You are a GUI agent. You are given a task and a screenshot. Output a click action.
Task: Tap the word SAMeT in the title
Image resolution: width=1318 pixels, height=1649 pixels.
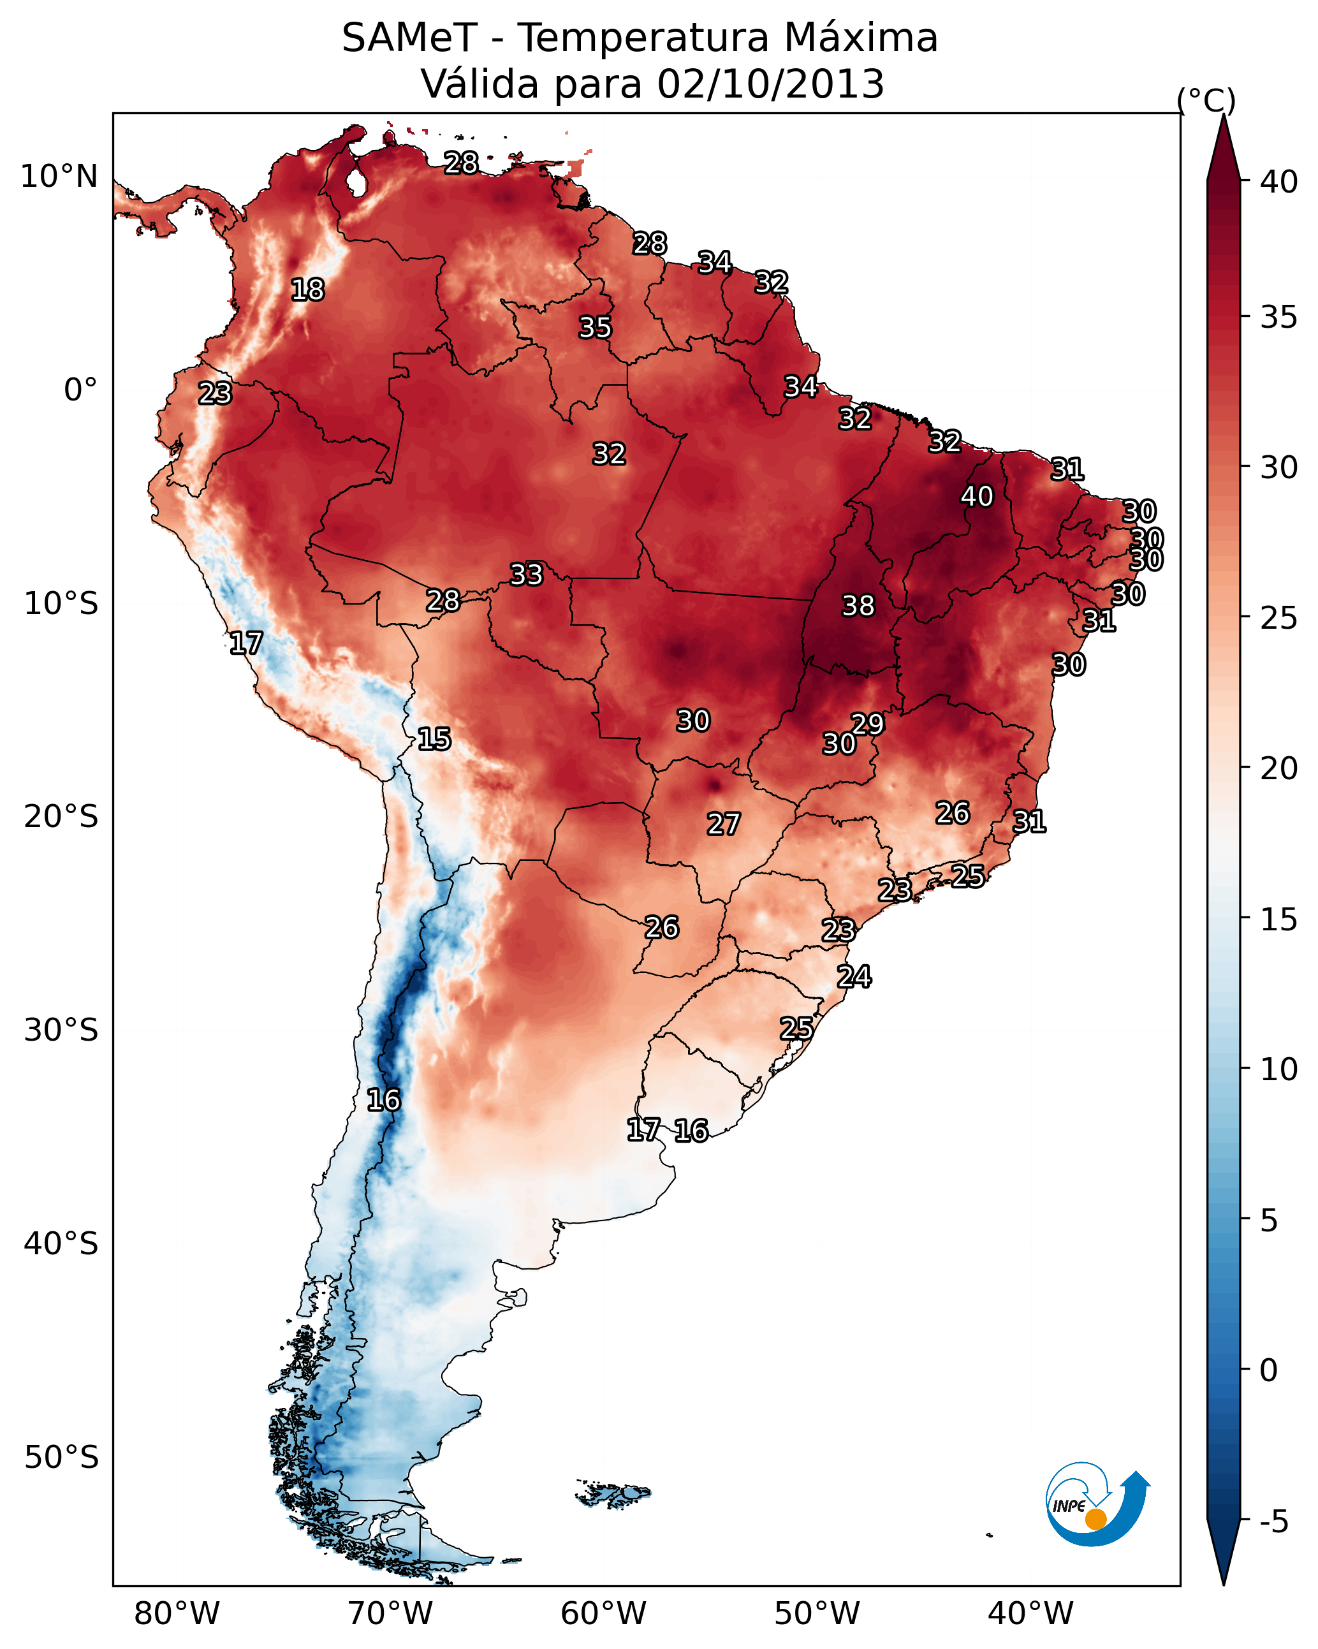409,38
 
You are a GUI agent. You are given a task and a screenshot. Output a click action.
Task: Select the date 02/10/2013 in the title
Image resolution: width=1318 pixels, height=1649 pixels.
770,84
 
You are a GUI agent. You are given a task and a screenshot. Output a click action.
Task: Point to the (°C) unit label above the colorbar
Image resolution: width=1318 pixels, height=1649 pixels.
1206,100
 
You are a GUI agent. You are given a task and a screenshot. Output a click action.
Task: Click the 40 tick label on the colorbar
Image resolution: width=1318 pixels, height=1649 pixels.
1278,182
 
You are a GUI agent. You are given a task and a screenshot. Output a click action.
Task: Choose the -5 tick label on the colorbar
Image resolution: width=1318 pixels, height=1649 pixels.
1273,1522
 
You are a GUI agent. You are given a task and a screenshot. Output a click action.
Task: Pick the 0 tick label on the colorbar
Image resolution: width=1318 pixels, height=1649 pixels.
1268,1370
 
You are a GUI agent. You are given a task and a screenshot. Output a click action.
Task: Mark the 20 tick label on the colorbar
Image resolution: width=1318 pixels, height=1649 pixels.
1278,768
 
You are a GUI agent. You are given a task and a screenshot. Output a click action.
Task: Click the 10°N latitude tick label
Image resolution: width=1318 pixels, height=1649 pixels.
59,177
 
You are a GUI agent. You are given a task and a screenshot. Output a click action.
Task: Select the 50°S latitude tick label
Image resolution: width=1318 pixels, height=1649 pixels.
61,1457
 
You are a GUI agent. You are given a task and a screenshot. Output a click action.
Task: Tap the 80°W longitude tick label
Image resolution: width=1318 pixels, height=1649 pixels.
177,1614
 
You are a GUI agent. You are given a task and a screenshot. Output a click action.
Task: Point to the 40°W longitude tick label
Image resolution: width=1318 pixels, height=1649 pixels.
1030,1614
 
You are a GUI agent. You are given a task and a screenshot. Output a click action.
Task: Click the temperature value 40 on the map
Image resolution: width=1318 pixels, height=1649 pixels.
977,496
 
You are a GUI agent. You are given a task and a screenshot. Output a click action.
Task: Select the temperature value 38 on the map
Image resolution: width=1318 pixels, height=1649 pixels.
858,606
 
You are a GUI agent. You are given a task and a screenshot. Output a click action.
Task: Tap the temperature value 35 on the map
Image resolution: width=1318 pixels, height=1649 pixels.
594,327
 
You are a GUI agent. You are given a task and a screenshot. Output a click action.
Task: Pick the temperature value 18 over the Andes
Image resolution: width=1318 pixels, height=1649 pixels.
307,290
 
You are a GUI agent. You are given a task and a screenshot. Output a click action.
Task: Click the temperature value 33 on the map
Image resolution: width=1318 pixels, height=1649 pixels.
526,575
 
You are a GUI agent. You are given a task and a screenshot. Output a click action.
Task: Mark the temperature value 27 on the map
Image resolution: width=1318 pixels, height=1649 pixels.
723,824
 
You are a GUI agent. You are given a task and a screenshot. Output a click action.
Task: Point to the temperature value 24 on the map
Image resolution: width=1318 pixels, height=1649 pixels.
854,977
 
